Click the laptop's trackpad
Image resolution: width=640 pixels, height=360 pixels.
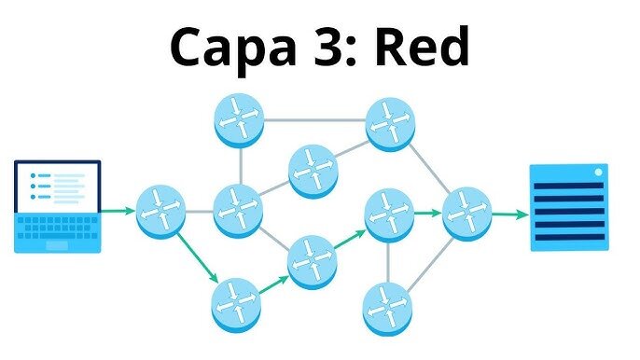[x=57, y=245]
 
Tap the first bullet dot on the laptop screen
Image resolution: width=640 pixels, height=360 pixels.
[x=33, y=176]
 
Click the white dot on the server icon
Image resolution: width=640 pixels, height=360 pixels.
[x=598, y=173]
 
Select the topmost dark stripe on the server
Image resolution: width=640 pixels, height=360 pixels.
[x=568, y=186]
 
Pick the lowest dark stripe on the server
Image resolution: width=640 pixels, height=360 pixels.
[x=570, y=238]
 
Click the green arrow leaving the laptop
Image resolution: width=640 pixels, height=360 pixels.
[x=118, y=211]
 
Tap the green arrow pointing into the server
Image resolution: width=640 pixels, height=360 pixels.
[x=510, y=215]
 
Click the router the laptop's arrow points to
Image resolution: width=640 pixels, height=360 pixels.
[x=160, y=211]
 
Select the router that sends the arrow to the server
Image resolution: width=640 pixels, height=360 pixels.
[x=466, y=214]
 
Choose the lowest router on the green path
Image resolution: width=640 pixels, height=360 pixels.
[x=236, y=304]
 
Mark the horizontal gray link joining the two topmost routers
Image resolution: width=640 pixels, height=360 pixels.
[x=314, y=120]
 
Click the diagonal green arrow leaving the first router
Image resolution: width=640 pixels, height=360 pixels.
[x=198, y=258]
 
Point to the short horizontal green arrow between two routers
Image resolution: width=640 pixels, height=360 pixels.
[x=427, y=213]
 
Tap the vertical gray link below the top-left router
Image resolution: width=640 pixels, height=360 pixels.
[x=242, y=165]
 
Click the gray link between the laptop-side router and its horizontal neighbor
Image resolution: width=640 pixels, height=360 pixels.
[x=200, y=212]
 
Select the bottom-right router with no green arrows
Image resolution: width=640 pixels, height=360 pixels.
[x=388, y=309]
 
